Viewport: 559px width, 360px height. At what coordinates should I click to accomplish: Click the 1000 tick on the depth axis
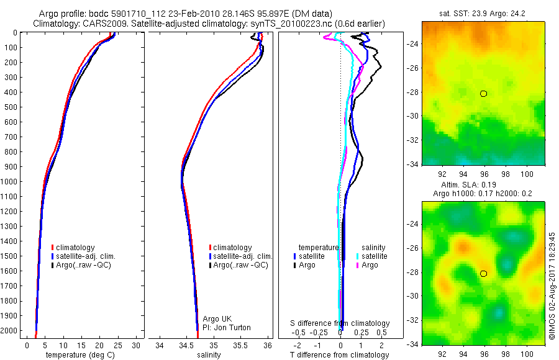click(x=10, y=181)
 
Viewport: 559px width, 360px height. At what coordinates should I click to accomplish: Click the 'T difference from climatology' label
click(x=340, y=355)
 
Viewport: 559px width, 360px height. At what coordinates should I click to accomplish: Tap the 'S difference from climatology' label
click(x=340, y=323)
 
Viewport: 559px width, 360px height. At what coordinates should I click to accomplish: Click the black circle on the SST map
click(x=483, y=94)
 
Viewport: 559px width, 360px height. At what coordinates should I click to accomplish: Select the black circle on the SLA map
click(x=483, y=273)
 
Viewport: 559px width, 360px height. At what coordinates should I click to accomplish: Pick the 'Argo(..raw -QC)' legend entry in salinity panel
click(x=239, y=265)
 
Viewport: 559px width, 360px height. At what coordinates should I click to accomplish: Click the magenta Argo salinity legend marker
click(x=358, y=265)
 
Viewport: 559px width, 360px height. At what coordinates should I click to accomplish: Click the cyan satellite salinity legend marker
click(x=358, y=256)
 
